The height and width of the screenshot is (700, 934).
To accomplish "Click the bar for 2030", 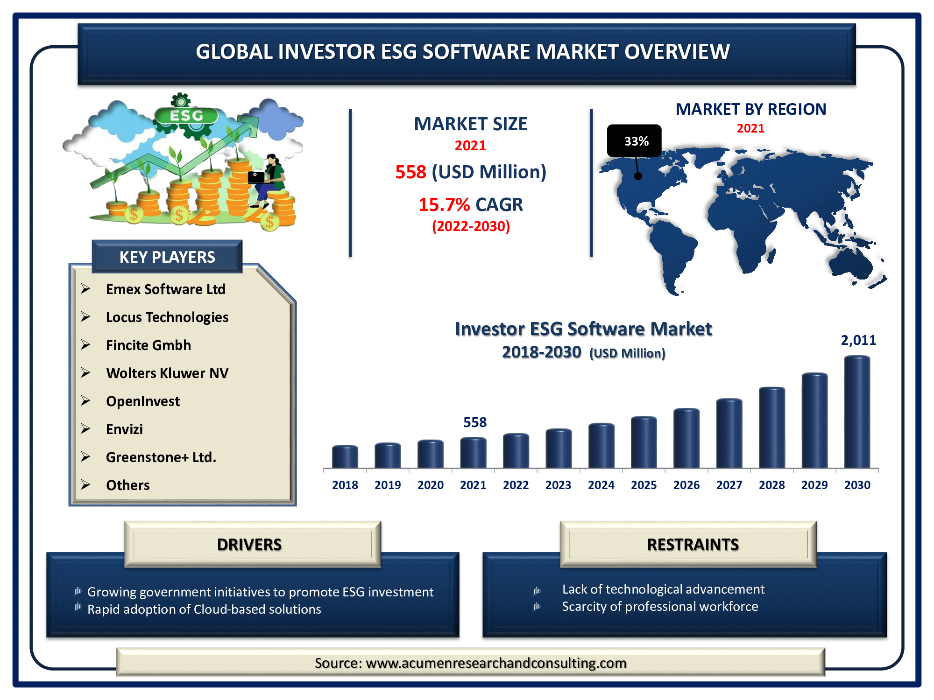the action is [x=857, y=412].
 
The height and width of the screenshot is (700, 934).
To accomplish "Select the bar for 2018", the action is [x=345, y=456].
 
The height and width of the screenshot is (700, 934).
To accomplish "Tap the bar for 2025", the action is [x=644, y=442].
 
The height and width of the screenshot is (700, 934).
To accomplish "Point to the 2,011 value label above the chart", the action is [x=858, y=340].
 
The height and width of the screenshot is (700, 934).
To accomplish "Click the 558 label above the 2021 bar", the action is [x=475, y=422].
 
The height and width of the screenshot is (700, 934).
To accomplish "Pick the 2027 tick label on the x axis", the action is [x=729, y=485].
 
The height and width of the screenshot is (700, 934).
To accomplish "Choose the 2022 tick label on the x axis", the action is [x=516, y=485].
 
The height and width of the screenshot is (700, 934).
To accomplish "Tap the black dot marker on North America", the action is [x=638, y=176].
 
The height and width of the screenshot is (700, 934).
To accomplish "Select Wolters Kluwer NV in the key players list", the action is [x=167, y=373].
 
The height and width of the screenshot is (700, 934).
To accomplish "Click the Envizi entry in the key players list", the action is [x=124, y=429].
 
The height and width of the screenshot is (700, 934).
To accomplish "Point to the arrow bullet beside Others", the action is [x=85, y=484].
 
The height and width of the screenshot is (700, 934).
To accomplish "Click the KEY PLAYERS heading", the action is [x=167, y=257].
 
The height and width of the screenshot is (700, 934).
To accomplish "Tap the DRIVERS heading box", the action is [x=253, y=544].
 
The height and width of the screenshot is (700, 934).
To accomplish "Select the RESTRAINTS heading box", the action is [x=688, y=544].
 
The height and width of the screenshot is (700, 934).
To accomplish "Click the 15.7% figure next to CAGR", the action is [x=444, y=204].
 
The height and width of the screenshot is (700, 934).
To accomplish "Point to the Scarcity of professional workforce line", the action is [x=660, y=607].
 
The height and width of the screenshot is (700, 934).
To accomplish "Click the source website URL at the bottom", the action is [x=496, y=663].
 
